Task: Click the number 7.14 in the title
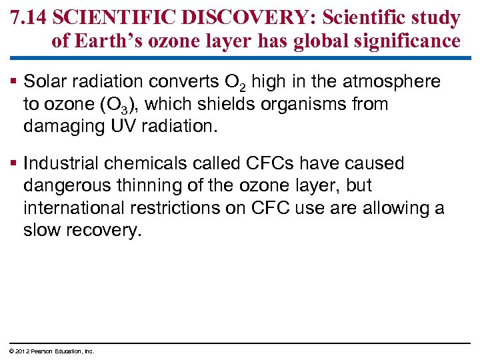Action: pyautogui.click(x=28, y=17)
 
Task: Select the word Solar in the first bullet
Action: pyautogui.click(x=43, y=81)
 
